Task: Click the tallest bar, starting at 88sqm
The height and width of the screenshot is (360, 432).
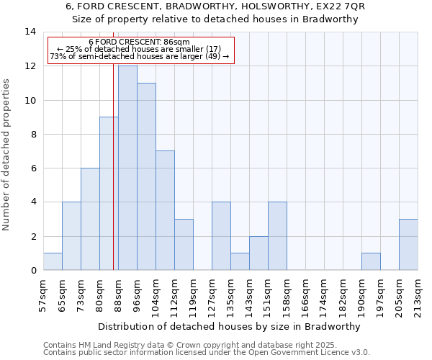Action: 127,168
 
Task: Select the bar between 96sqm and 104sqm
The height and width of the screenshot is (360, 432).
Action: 146,176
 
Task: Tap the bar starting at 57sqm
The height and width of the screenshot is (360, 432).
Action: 53,261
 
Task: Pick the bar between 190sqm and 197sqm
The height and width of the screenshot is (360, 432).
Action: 371,261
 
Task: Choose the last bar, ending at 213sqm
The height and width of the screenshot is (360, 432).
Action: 408,245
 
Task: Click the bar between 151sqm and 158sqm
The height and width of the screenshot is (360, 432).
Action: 277,236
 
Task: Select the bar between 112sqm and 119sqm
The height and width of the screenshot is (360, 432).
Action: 184,245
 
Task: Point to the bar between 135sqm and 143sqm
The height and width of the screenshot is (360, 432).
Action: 240,261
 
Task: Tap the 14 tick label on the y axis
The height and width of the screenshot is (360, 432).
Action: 30,32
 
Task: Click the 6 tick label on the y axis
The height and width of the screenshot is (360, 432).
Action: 33,168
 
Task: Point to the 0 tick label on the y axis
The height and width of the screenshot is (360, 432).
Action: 33,271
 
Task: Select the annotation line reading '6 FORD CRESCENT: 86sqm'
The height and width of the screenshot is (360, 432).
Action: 140,42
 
